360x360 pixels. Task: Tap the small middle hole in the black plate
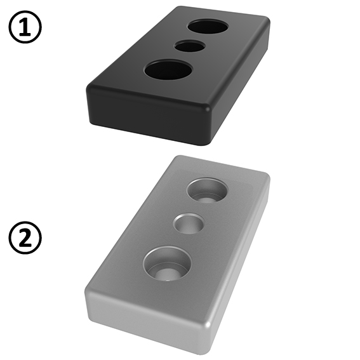pos(190,46)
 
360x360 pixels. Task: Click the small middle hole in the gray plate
pos(189,223)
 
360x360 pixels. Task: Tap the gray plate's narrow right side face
pos(241,267)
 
